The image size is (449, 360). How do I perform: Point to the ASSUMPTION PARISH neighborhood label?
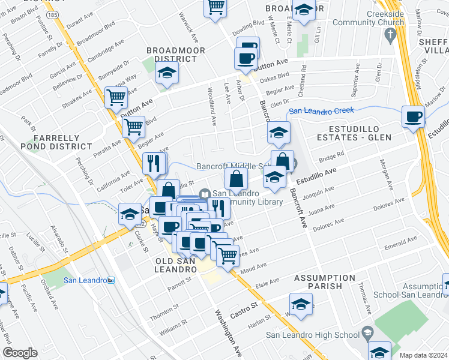tap(324, 282)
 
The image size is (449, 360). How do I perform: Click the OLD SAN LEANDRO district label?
tap(176, 266)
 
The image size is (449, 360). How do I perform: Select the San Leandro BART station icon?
tap(110, 280)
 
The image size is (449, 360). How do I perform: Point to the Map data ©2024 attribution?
tap(423, 355)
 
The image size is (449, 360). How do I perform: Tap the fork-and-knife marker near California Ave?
tap(154, 163)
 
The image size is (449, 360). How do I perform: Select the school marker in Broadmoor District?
tap(167, 73)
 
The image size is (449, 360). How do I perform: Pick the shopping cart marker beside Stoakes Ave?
tap(116, 97)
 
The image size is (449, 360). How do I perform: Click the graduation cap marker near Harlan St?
tap(301, 304)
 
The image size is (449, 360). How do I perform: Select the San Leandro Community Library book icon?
tap(205, 193)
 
